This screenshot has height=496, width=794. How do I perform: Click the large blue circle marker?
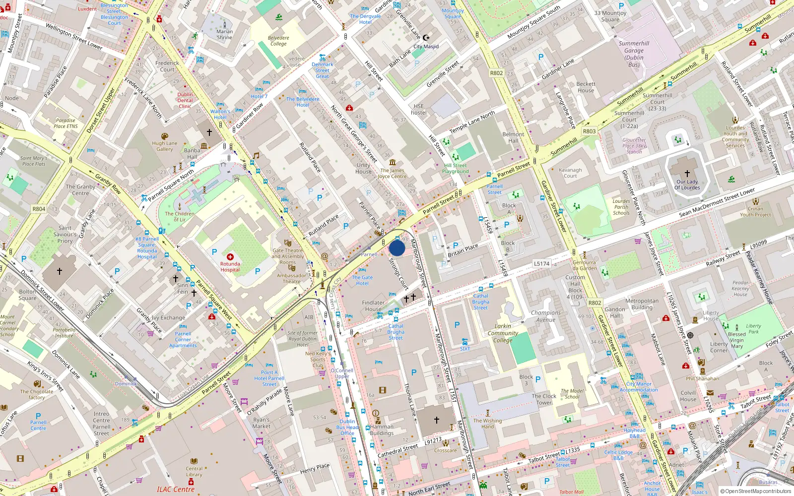[397, 248]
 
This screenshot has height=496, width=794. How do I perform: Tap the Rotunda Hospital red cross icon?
[230, 257]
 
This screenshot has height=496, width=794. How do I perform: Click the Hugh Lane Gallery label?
[165, 146]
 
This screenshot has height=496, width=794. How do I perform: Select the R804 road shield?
[39, 209]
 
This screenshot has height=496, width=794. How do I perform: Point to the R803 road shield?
[589, 131]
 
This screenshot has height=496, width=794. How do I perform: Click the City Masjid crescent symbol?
[426, 38]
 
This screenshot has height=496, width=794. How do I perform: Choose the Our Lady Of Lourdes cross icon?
[687, 174]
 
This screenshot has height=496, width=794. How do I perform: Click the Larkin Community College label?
[503, 333]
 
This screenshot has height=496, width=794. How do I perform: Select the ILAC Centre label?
[176, 490]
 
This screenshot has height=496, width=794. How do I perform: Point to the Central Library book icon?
[194, 461]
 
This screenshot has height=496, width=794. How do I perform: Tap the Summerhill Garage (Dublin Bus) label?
[634, 54]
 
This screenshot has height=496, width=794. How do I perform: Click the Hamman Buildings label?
[382, 430]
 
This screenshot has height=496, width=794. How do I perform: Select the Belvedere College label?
[278, 41]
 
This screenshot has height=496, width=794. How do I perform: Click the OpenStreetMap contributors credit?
[755, 491]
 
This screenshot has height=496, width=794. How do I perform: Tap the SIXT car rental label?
[464, 349]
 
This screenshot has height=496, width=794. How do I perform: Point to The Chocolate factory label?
[37, 394]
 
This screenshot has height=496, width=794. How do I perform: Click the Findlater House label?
[373, 306]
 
